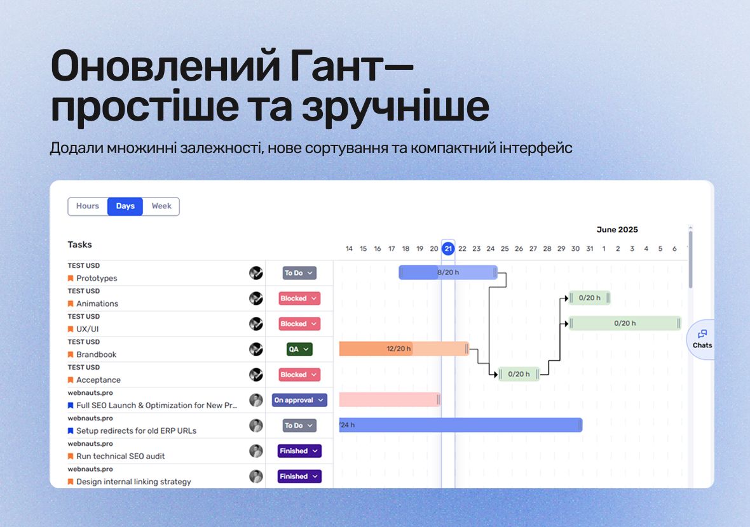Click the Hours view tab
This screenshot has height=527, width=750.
88,206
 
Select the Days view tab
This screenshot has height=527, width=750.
125,206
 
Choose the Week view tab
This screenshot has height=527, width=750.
161,206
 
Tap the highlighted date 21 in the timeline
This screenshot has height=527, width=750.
447,248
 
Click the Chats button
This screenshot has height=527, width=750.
702,339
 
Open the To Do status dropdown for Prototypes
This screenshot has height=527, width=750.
299,273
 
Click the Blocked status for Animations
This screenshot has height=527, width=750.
299,298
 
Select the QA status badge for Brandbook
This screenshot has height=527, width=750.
299,349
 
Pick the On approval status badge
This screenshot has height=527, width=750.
299,400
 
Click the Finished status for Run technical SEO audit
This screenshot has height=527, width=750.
299,451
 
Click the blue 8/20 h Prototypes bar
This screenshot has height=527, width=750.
448,272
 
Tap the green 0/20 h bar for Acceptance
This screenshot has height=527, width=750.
519,374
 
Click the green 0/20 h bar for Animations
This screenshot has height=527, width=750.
590,298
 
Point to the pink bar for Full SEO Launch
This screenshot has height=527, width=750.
390,399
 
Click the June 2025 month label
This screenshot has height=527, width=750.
617,230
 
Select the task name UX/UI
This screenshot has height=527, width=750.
88,329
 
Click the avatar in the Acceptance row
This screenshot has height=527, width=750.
256,375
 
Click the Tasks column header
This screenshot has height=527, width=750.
80,244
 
